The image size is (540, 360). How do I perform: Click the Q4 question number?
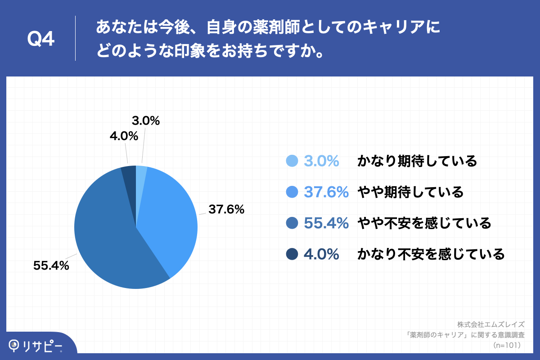(41, 40)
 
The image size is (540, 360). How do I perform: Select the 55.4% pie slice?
(112, 243)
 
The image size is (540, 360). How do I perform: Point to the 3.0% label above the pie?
(146, 121)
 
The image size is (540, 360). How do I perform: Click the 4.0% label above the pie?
(124, 135)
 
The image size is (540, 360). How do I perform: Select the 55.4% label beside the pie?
(51, 265)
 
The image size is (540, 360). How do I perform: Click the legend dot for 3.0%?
(292, 161)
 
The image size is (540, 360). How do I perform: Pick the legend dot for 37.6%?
(292, 192)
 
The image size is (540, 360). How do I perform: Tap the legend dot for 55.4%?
(292, 223)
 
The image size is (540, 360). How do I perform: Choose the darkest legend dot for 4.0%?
(292, 254)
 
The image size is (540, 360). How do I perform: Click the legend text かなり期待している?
(417, 161)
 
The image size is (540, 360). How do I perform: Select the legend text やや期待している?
(410, 192)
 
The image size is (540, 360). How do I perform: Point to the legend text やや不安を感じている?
(424, 223)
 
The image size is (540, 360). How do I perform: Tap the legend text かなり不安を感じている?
(431, 254)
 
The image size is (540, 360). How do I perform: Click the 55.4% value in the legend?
(326, 223)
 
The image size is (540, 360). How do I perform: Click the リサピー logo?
(36, 346)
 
